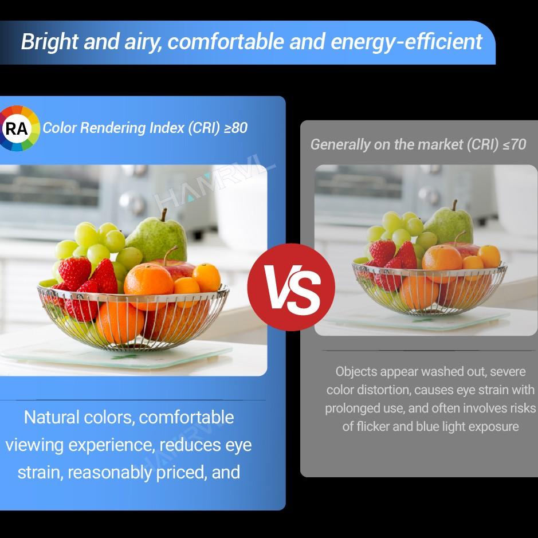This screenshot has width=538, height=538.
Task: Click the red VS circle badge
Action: tap(291, 287)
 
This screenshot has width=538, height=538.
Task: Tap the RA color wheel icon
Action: tap(18, 128)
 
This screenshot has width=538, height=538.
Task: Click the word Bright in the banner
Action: tap(50, 41)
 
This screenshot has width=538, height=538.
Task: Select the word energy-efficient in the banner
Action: tap(407, 41)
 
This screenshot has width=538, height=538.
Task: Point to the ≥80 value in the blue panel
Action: tap(235, 128)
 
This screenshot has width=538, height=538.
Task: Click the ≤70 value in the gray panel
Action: tap(515, 144)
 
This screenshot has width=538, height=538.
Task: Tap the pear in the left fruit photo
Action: tap(157, 237)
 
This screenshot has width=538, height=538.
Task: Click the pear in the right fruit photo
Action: tap(449, 222)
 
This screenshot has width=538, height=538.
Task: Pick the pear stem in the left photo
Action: tap(164, 215)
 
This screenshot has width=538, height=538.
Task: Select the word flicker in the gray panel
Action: tap(372, 426)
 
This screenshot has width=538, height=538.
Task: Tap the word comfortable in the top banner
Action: tap(226, 41)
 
